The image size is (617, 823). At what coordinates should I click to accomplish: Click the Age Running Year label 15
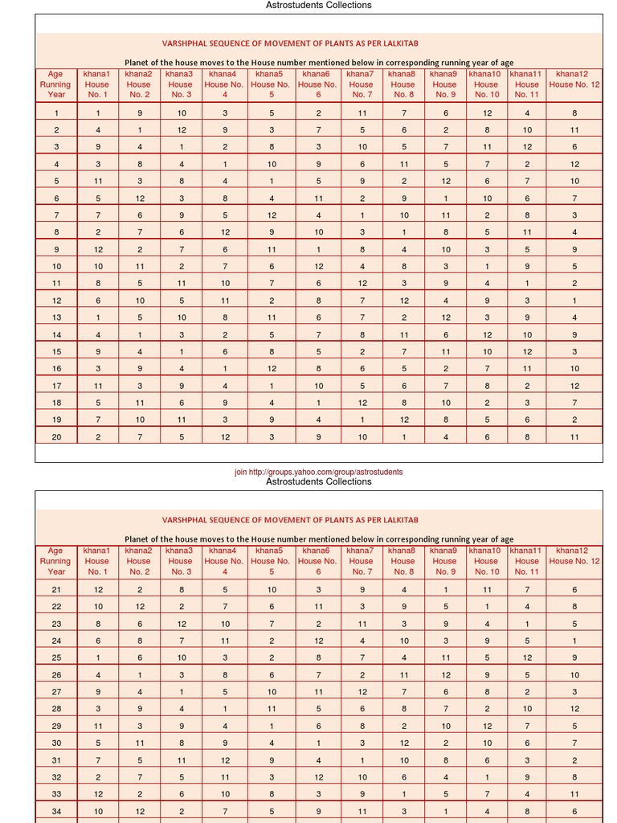pyautogui.click(x=56, y=351)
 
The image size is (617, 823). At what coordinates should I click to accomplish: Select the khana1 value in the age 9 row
pyautogui.click(x=97, y=249)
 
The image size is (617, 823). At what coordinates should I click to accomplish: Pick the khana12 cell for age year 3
pyautogui.click(x=574, y=147)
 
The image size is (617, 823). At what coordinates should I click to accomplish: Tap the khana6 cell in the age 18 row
pyautogui.click(x=318, y=403)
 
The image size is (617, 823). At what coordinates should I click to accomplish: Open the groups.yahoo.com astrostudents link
pyautogui.click(x=319, y=472)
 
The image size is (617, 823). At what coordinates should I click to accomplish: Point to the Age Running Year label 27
pyautogui.click(x=56, y=691)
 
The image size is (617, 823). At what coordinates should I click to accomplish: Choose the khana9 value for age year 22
pyautogui.click(x=444, y=607)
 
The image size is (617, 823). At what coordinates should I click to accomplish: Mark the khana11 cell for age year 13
pyautogui.click(x=527, y=317)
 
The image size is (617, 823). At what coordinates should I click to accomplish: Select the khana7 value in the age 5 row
pyautogui.click(x=362, y=181)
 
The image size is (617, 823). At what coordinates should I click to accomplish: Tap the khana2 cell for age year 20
pyautogui.click(x=139, y=436)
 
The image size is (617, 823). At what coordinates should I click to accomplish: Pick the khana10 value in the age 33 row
pyautogui.click(x=486, y=794)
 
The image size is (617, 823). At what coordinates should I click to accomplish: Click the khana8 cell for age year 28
pyautogui.click(x=402, y=709)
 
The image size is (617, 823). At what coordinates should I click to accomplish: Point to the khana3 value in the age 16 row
pyautogui.click(x=181, y=368)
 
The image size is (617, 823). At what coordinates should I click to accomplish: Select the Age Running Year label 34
pyautogui.click(x=56, y=812)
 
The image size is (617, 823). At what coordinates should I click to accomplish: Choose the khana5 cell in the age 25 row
pyautogui.click(x=272, y=657)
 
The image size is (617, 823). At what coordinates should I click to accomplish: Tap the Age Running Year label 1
pyautogui.click(x=56, y=113)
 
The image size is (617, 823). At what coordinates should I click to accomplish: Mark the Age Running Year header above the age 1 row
pyautogui.click(x=55, y=84)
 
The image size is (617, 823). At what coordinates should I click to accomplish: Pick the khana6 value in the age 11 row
pyautogui.click(x=318, y=283)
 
